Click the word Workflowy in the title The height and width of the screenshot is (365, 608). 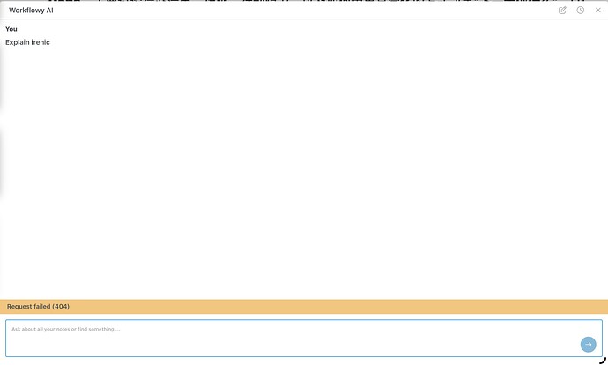click(x=26, y=11)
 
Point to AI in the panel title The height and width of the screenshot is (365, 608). click(x=49, y=10)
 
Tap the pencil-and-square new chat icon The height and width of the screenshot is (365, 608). click(x=562, y=11)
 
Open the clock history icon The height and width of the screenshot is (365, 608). click(x=580, y=11)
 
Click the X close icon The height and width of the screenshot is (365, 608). click(x=598, y=11)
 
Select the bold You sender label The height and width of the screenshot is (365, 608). click(x=11, y=29)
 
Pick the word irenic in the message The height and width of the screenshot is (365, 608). click(x=41, y=42)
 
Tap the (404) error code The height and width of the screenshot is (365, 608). click(x=61, y=307)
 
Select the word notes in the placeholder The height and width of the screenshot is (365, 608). click(x=63, y=330)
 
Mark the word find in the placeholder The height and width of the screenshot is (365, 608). click(x=82, y=330)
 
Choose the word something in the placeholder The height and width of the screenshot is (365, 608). click(x=101, y=330)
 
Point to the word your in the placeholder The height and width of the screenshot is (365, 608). click(x=49, y=330)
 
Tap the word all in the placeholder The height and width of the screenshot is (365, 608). click(x=40, y=330)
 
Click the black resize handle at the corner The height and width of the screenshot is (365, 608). click(x=603, y=361)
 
